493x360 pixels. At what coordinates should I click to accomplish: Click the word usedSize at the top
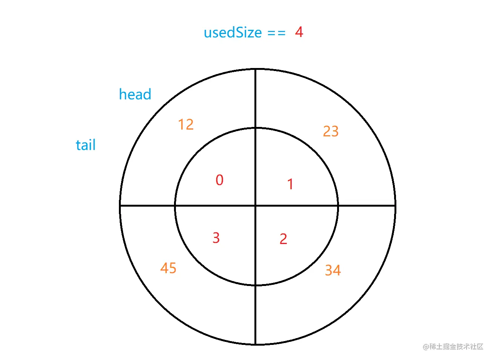[x=233, y=33]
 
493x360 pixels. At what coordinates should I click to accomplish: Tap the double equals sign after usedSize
[x=276, y=33]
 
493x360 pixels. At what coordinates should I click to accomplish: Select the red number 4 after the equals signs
[x=299, y=32]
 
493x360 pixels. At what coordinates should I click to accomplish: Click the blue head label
[x=135, y=94]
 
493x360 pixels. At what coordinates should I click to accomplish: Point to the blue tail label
[x=86, y=145]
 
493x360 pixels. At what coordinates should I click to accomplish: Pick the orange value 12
[x=186, y=124]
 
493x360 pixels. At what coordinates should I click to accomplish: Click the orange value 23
[x=331, y=131]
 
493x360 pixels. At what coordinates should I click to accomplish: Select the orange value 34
[x=333, y=270]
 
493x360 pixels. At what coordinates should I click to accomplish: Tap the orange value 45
[x=168, y=268]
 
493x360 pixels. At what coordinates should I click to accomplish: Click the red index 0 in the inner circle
[x=219, y=180]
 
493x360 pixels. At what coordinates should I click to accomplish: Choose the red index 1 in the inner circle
[x=290, y=184]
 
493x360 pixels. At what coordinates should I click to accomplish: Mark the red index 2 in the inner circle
[x=283, y=239]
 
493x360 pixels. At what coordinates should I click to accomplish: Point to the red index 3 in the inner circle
[x=216, y=238]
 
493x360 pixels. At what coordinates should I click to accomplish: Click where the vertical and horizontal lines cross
[x=256, y=206]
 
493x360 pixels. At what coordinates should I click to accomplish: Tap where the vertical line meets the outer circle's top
[x=256, y=69]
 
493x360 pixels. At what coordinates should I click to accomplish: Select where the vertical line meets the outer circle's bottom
[x=256, y=344]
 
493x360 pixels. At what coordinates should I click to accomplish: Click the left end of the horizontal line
[x=120, y=206]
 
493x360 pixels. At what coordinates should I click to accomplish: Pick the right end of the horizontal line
[x=395, y=206]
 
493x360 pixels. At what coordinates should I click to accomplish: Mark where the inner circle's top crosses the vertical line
[x=256, y=128]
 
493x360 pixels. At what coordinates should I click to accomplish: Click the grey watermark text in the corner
[x=453, y=346]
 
